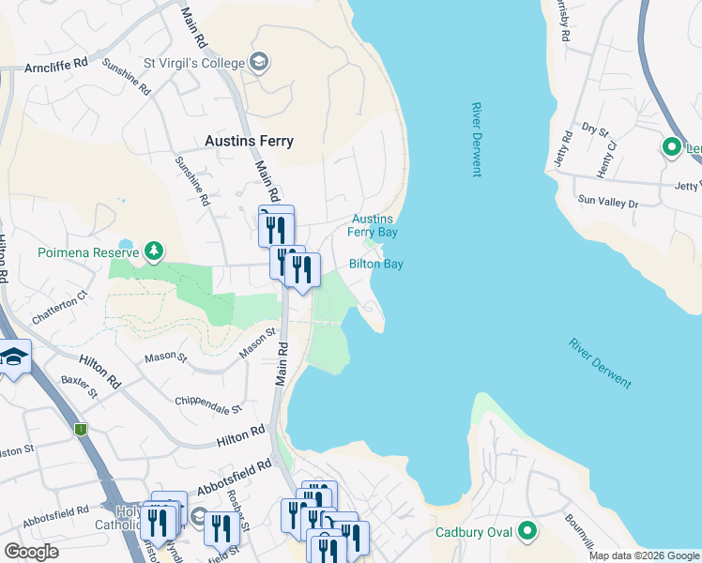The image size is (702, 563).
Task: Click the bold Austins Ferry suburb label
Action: click(x=249, y=141)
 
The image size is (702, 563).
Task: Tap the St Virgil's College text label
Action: click(x=191, y=63)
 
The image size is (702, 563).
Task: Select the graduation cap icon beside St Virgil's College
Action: click(x=260, y=63)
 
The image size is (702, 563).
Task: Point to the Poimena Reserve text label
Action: click(x=89, y=252)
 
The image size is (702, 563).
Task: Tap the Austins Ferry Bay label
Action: click(x=374, y=225)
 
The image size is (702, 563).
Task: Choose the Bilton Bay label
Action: click(x=376, y=265)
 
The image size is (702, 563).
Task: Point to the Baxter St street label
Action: click(x=80, y=387)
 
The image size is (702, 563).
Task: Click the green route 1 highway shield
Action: click(x=81, y=429)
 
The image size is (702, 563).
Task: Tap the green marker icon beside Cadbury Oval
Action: click(x=526, y=533)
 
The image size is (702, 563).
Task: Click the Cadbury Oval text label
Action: click(x=473, y=533)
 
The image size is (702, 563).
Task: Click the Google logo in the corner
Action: click(x=31, y=551)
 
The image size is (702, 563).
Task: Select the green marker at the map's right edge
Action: click(x=672, y=147)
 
